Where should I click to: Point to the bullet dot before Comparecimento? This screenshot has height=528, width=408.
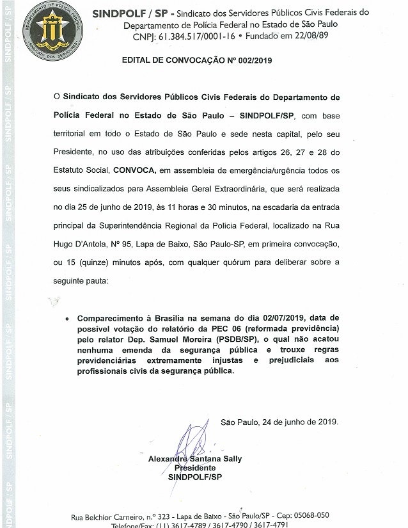[68, 317]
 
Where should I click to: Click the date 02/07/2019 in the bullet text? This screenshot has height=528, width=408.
[276, 318]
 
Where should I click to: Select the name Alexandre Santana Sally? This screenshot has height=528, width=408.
[195, 459]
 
